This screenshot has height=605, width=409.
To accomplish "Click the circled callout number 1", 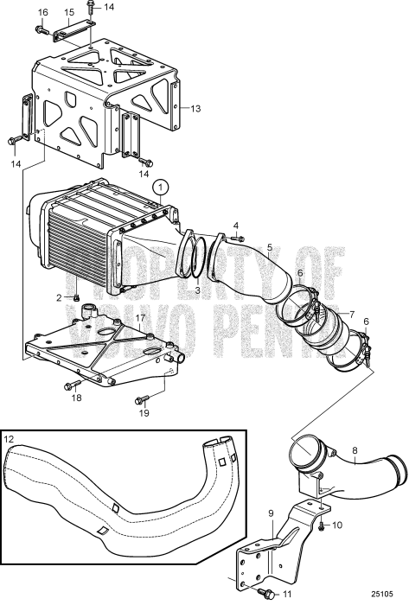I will (159, 186).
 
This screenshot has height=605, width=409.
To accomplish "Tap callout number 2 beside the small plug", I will (59, 298).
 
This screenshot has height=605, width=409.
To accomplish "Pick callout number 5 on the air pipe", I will (271, 247).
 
